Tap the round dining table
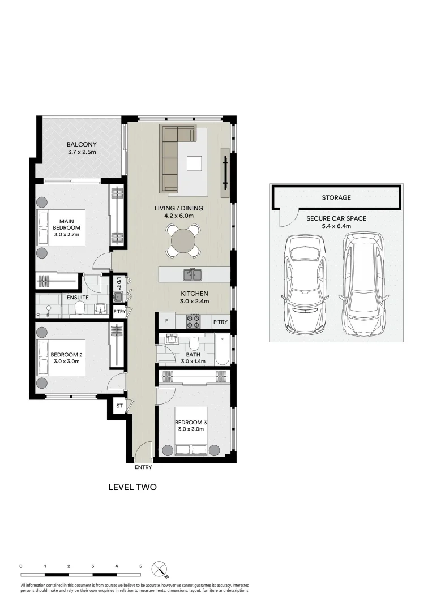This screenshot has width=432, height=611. click(x=182, y=240)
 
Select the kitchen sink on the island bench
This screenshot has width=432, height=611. click(x=193, y=275)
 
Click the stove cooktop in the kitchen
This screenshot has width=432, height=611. click(x=194, y=321)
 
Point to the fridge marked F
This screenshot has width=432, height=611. click(x=166, y=322)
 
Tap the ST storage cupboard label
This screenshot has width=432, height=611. click(x=119, y=406)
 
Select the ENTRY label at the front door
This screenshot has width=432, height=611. click(x=143, y=468)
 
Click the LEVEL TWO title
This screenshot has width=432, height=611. click(x=132, y=487)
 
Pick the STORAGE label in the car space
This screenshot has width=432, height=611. click(x=336, y=197)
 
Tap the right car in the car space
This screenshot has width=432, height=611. click(x=363, y=282)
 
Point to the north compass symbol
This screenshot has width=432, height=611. click(x=160, y=569)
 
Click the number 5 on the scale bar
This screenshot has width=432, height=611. click(x=140, y=566)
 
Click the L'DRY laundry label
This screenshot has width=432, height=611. click(x=119, y=282)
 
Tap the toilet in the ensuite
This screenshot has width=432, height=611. click(x=80, y=308)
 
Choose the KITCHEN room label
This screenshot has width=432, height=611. click(x=195, y=294)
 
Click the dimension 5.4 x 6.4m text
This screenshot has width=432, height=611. click(x=336, y=226)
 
